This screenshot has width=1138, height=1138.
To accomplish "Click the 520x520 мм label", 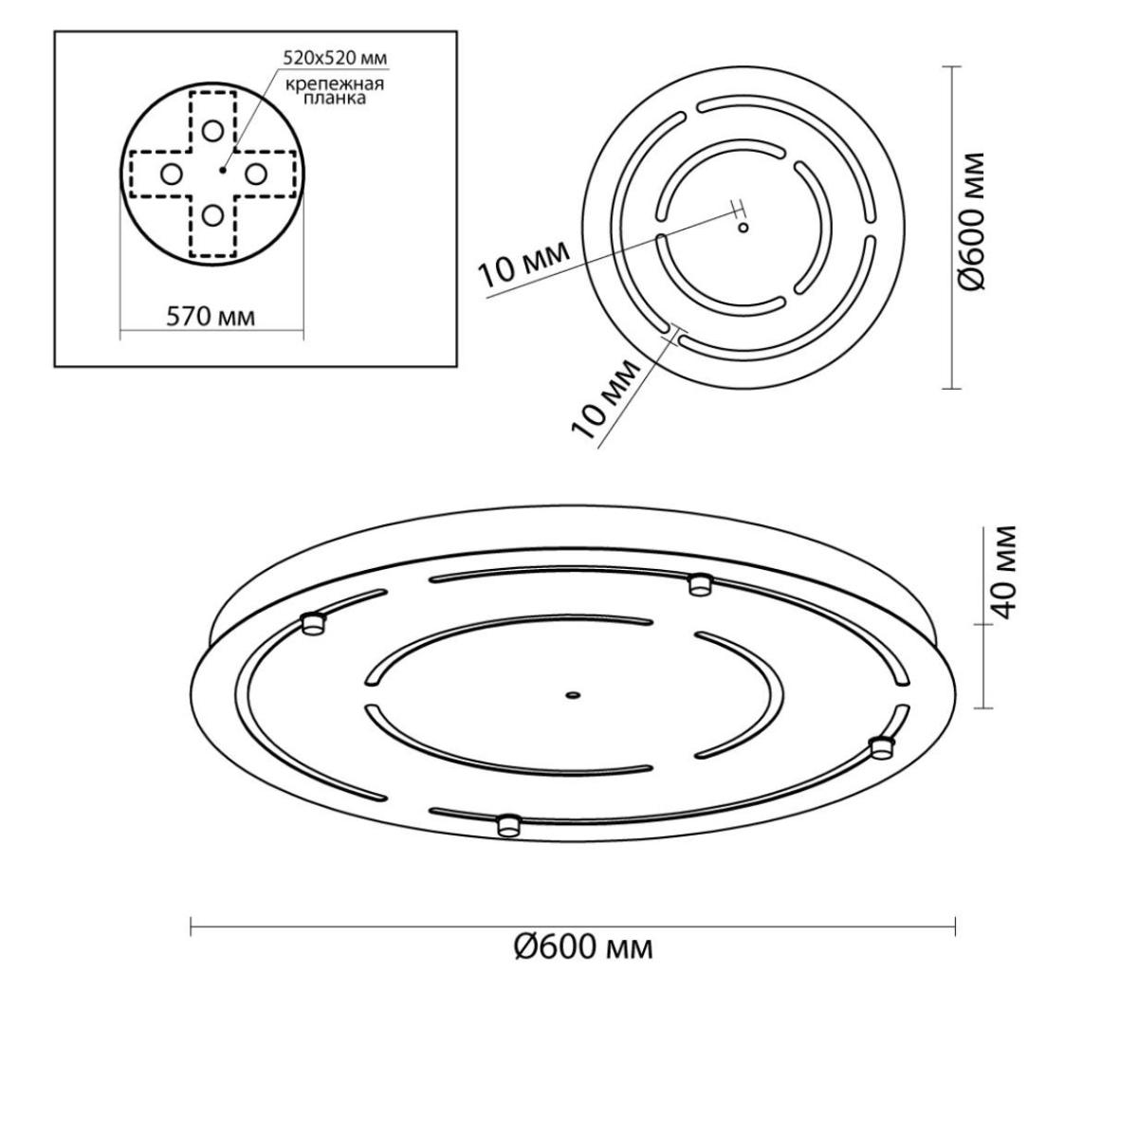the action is (335, 58).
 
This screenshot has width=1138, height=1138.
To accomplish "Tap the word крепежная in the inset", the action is (335, 84).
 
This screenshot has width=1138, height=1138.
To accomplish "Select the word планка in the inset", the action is (334, 98).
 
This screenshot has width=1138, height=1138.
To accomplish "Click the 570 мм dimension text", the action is (211, 317).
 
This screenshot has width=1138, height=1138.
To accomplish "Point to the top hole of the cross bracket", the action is (212, 131).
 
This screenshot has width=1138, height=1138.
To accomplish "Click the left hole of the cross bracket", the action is (172, 174).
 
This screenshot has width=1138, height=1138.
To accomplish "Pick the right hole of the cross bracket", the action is (256, 174).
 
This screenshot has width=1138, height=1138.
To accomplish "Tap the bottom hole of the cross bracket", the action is (212, 215).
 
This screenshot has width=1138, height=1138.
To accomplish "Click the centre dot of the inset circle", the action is (222, 170).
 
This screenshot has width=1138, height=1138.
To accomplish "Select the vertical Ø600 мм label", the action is (971, 222).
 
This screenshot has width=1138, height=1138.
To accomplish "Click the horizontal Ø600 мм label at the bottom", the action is (583, 948).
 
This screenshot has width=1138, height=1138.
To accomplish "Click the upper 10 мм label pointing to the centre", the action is (523, 264).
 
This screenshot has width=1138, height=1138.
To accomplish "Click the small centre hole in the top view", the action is (743, 227).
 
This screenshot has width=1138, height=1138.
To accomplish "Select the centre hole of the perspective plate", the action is (571, 696).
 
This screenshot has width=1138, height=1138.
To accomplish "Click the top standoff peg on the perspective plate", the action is (699, 584).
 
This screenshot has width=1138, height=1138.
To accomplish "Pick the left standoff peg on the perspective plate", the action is (313, 624).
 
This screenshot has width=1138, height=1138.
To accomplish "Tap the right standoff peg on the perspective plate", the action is (883, 747).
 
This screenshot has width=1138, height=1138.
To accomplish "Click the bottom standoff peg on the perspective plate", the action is (508, 824).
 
